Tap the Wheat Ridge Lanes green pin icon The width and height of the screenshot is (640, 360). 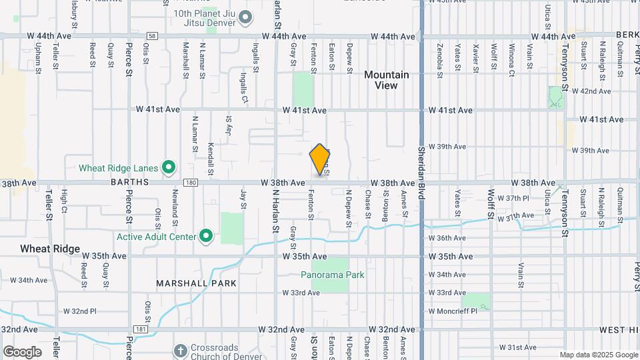(169, 167)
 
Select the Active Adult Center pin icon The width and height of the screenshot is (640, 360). (207, 236)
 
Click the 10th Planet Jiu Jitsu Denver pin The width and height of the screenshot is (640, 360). (245, 17)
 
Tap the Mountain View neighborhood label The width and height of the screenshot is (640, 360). (387, 80)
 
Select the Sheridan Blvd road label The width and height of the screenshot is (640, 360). (421, 173)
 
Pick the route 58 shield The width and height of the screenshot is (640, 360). (153, 36)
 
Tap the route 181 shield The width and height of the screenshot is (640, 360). (141, 329)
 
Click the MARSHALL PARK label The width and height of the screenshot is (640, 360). (197, 283)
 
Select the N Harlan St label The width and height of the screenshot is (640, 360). (275, 210)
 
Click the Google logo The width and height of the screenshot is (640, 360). (22, 351)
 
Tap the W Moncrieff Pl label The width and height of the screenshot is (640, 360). (453, 311)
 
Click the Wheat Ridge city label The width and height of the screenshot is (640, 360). (50, 249)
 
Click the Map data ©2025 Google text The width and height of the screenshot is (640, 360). (598, 355)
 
